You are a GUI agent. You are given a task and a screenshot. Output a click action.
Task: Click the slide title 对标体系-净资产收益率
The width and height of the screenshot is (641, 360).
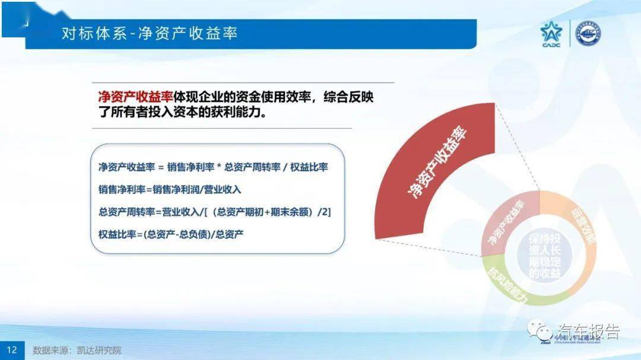[x=150, y=33]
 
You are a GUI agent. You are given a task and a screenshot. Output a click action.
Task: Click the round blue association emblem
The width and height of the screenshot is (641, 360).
[x=588, y=34]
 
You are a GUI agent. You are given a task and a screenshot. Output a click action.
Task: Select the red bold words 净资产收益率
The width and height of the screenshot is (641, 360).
[x=135, y=97]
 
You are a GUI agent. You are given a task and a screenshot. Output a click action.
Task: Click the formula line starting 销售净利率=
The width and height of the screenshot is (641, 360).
[x=170, y=189]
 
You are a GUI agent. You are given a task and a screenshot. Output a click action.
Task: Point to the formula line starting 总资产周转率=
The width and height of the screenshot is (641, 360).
[x=214, y=211]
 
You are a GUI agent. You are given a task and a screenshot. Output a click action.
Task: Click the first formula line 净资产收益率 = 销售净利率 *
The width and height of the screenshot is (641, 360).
[x=213, y=167]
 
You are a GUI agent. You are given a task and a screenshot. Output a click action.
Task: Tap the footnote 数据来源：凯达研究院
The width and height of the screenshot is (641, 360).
[x=77, y=350]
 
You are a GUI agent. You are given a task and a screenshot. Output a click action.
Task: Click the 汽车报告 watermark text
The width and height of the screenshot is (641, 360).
[x=588, y=331]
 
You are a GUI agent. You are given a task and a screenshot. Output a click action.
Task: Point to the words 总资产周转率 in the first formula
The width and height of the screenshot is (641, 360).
[x=252, y=167]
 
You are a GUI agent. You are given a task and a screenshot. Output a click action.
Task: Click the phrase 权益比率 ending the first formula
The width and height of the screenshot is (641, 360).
[x=309, y=167]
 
